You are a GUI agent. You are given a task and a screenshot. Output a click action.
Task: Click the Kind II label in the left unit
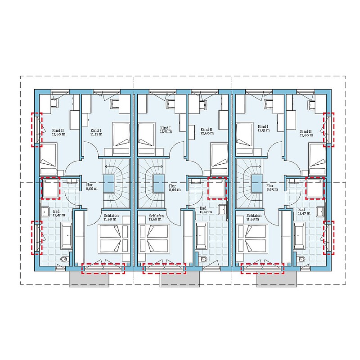(58, 130)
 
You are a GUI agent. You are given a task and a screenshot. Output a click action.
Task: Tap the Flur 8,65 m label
(272, 187)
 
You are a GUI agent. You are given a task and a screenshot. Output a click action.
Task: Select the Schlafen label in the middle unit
(156, 216)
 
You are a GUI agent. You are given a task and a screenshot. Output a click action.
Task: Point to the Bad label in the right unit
(301, 210)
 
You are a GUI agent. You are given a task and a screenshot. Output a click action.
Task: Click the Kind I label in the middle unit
(166, 128)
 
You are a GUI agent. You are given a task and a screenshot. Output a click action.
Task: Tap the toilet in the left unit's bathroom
(65, 260)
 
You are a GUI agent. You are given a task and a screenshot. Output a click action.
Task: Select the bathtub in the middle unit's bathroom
(201, 235)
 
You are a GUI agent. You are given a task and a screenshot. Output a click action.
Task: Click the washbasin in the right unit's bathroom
(320, 211)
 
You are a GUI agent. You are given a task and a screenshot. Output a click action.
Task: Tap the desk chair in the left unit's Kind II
(54, 103)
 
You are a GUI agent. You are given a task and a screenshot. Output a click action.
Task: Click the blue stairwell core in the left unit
(109, 184)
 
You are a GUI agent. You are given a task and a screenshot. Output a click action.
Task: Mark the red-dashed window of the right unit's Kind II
(328, 130)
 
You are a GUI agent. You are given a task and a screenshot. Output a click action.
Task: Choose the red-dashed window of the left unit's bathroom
(37, 238)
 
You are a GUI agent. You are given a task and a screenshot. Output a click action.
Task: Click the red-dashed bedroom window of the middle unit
(164, 268)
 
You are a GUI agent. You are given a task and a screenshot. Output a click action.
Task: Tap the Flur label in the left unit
(89, 185)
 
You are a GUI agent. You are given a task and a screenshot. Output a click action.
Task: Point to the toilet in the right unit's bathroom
(301, 260)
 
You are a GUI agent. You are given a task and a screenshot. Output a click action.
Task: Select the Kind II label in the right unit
(306, 131)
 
